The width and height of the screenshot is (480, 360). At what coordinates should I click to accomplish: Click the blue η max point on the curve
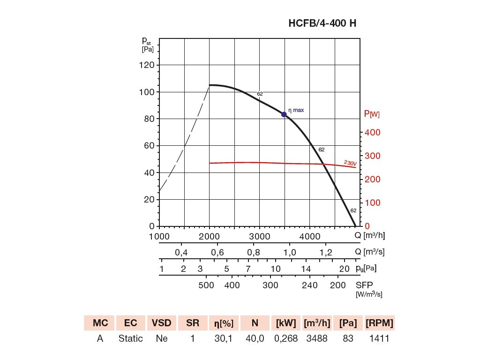tap(284, 114)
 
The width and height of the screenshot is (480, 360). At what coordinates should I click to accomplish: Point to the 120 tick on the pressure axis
tap(147, 65)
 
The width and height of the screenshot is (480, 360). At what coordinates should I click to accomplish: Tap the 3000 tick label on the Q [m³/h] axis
tap(259, 236)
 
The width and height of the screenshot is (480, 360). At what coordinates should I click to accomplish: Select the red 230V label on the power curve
tap(350, 163)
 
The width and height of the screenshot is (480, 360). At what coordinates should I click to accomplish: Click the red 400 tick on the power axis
tap(373, 133)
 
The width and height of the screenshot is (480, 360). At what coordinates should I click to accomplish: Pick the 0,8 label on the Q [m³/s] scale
tap(254, 253)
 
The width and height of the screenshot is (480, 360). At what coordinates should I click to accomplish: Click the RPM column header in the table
tap(379, 323)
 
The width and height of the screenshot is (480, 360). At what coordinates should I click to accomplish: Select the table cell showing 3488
tap(316, 338)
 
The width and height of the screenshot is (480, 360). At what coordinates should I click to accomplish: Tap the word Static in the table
tap(131, 338)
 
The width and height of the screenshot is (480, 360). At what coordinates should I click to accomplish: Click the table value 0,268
tap(286, 338)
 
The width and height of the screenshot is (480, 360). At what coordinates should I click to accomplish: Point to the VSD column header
tap(162, 323)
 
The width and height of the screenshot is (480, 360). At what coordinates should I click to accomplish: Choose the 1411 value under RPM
tap(379, 338)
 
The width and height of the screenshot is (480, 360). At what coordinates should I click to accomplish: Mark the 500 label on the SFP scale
tap(206, 285)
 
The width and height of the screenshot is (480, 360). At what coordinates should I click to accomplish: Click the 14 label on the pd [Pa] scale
tap(306, 269)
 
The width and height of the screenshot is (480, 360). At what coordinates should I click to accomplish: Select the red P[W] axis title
tap(372, 114)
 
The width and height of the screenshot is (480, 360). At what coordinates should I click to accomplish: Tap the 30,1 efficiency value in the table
tap(224, 338)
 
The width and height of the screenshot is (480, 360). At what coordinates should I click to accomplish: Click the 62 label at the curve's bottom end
tap(353, 210)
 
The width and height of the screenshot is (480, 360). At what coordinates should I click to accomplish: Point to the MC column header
tap(100, 323)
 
